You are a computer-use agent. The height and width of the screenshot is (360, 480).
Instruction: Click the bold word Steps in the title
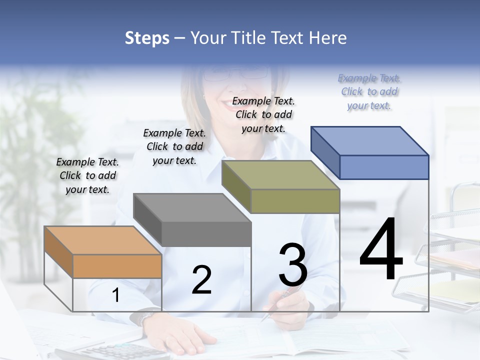(147, 38)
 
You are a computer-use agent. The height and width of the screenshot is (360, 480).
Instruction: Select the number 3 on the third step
(292, 265)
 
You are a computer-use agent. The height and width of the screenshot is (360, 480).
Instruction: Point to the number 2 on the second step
(201, 279)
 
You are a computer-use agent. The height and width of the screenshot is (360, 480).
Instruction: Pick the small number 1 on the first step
(115, 295)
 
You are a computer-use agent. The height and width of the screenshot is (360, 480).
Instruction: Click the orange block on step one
(103, 252)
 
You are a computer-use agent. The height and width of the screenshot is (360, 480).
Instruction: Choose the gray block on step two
(192, 220)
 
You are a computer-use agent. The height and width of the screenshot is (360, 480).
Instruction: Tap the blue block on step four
(370, 152)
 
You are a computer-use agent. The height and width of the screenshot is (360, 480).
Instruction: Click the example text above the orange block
(87, 175)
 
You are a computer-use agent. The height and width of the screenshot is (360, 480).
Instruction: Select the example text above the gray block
(174, 146)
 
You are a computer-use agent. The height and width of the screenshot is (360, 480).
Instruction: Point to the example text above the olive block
(263, 114)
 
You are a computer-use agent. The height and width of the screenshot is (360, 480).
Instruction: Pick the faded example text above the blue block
(369, 91)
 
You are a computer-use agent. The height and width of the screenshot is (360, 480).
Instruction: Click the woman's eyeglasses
(235, 74)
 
